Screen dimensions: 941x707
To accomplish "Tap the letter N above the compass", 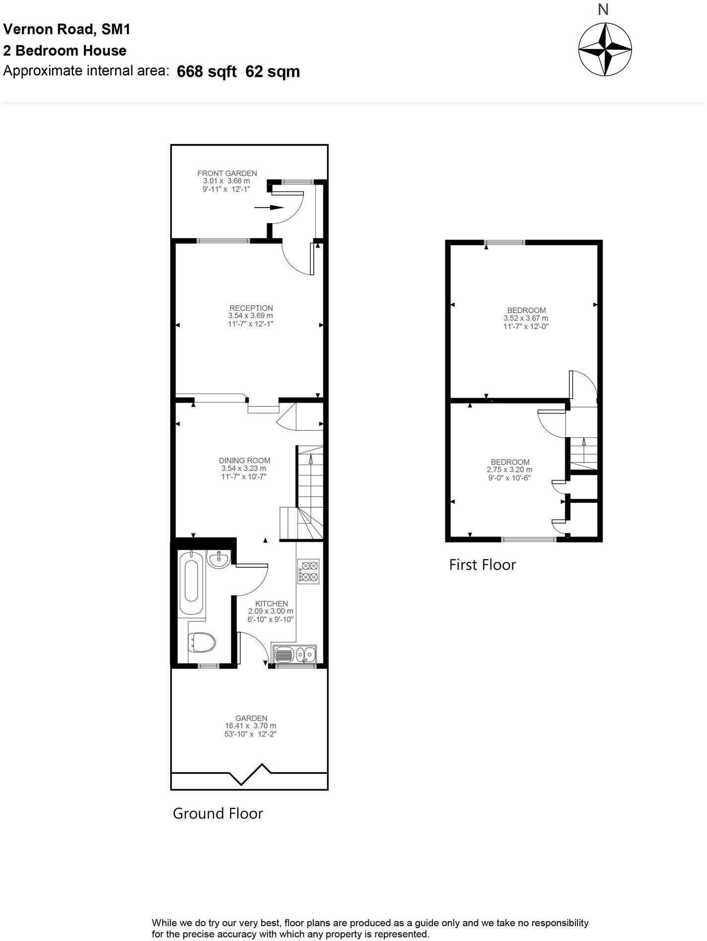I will (x=603, y=9).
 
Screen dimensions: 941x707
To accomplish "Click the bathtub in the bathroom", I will (x=191, y=582).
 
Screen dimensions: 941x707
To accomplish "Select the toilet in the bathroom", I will (x=202, y=643).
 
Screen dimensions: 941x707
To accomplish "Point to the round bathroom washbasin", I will (x=218, y=560).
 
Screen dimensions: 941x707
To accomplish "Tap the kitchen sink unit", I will (x=294, y=655).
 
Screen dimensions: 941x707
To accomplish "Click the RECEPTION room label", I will (x=251, y=308).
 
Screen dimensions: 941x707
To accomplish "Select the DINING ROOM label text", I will (x=244, y=461).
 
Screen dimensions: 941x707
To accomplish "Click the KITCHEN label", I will (x=271, y=604).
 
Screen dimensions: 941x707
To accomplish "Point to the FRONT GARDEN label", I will (x=227, y=173).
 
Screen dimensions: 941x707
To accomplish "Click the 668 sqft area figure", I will (x=207, y=72).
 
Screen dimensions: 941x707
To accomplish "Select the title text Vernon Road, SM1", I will (x=67, y=30).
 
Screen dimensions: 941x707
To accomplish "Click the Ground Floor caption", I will (x=217, y=813).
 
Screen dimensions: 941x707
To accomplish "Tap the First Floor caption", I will (x=482, y=565).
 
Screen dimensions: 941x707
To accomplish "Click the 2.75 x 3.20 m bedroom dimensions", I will (x=509, y=470).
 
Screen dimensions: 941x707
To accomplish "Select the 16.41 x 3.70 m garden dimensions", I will (x=251, y=726).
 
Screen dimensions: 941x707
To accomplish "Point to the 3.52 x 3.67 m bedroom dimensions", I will (x=526, y=318).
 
